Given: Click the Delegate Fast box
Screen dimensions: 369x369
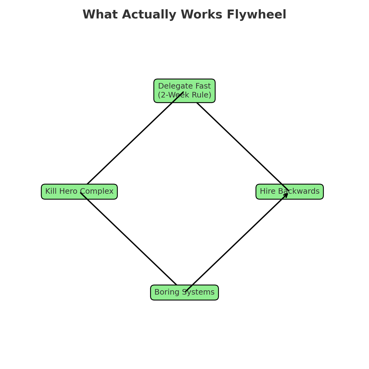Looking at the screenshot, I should [184, 91].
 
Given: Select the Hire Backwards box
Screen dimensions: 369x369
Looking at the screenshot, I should [289, 192].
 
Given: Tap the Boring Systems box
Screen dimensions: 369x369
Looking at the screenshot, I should [184, 292].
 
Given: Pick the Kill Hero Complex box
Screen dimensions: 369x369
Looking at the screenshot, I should [79, 192].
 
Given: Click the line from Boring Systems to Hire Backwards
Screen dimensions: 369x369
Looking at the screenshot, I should [237, 242].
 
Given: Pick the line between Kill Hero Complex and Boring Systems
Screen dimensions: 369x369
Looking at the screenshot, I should [129, 239].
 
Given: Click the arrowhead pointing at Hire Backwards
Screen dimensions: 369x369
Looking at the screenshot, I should [286, 195].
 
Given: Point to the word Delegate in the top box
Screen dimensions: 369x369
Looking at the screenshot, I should [174, 86].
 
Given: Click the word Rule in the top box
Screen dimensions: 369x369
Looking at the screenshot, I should [201, 95].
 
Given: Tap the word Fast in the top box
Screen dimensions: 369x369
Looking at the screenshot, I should [204, 86].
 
